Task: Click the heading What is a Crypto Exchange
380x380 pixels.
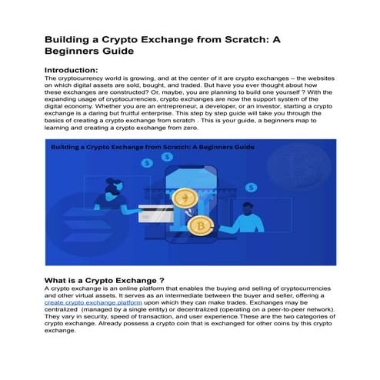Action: [104, 280]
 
